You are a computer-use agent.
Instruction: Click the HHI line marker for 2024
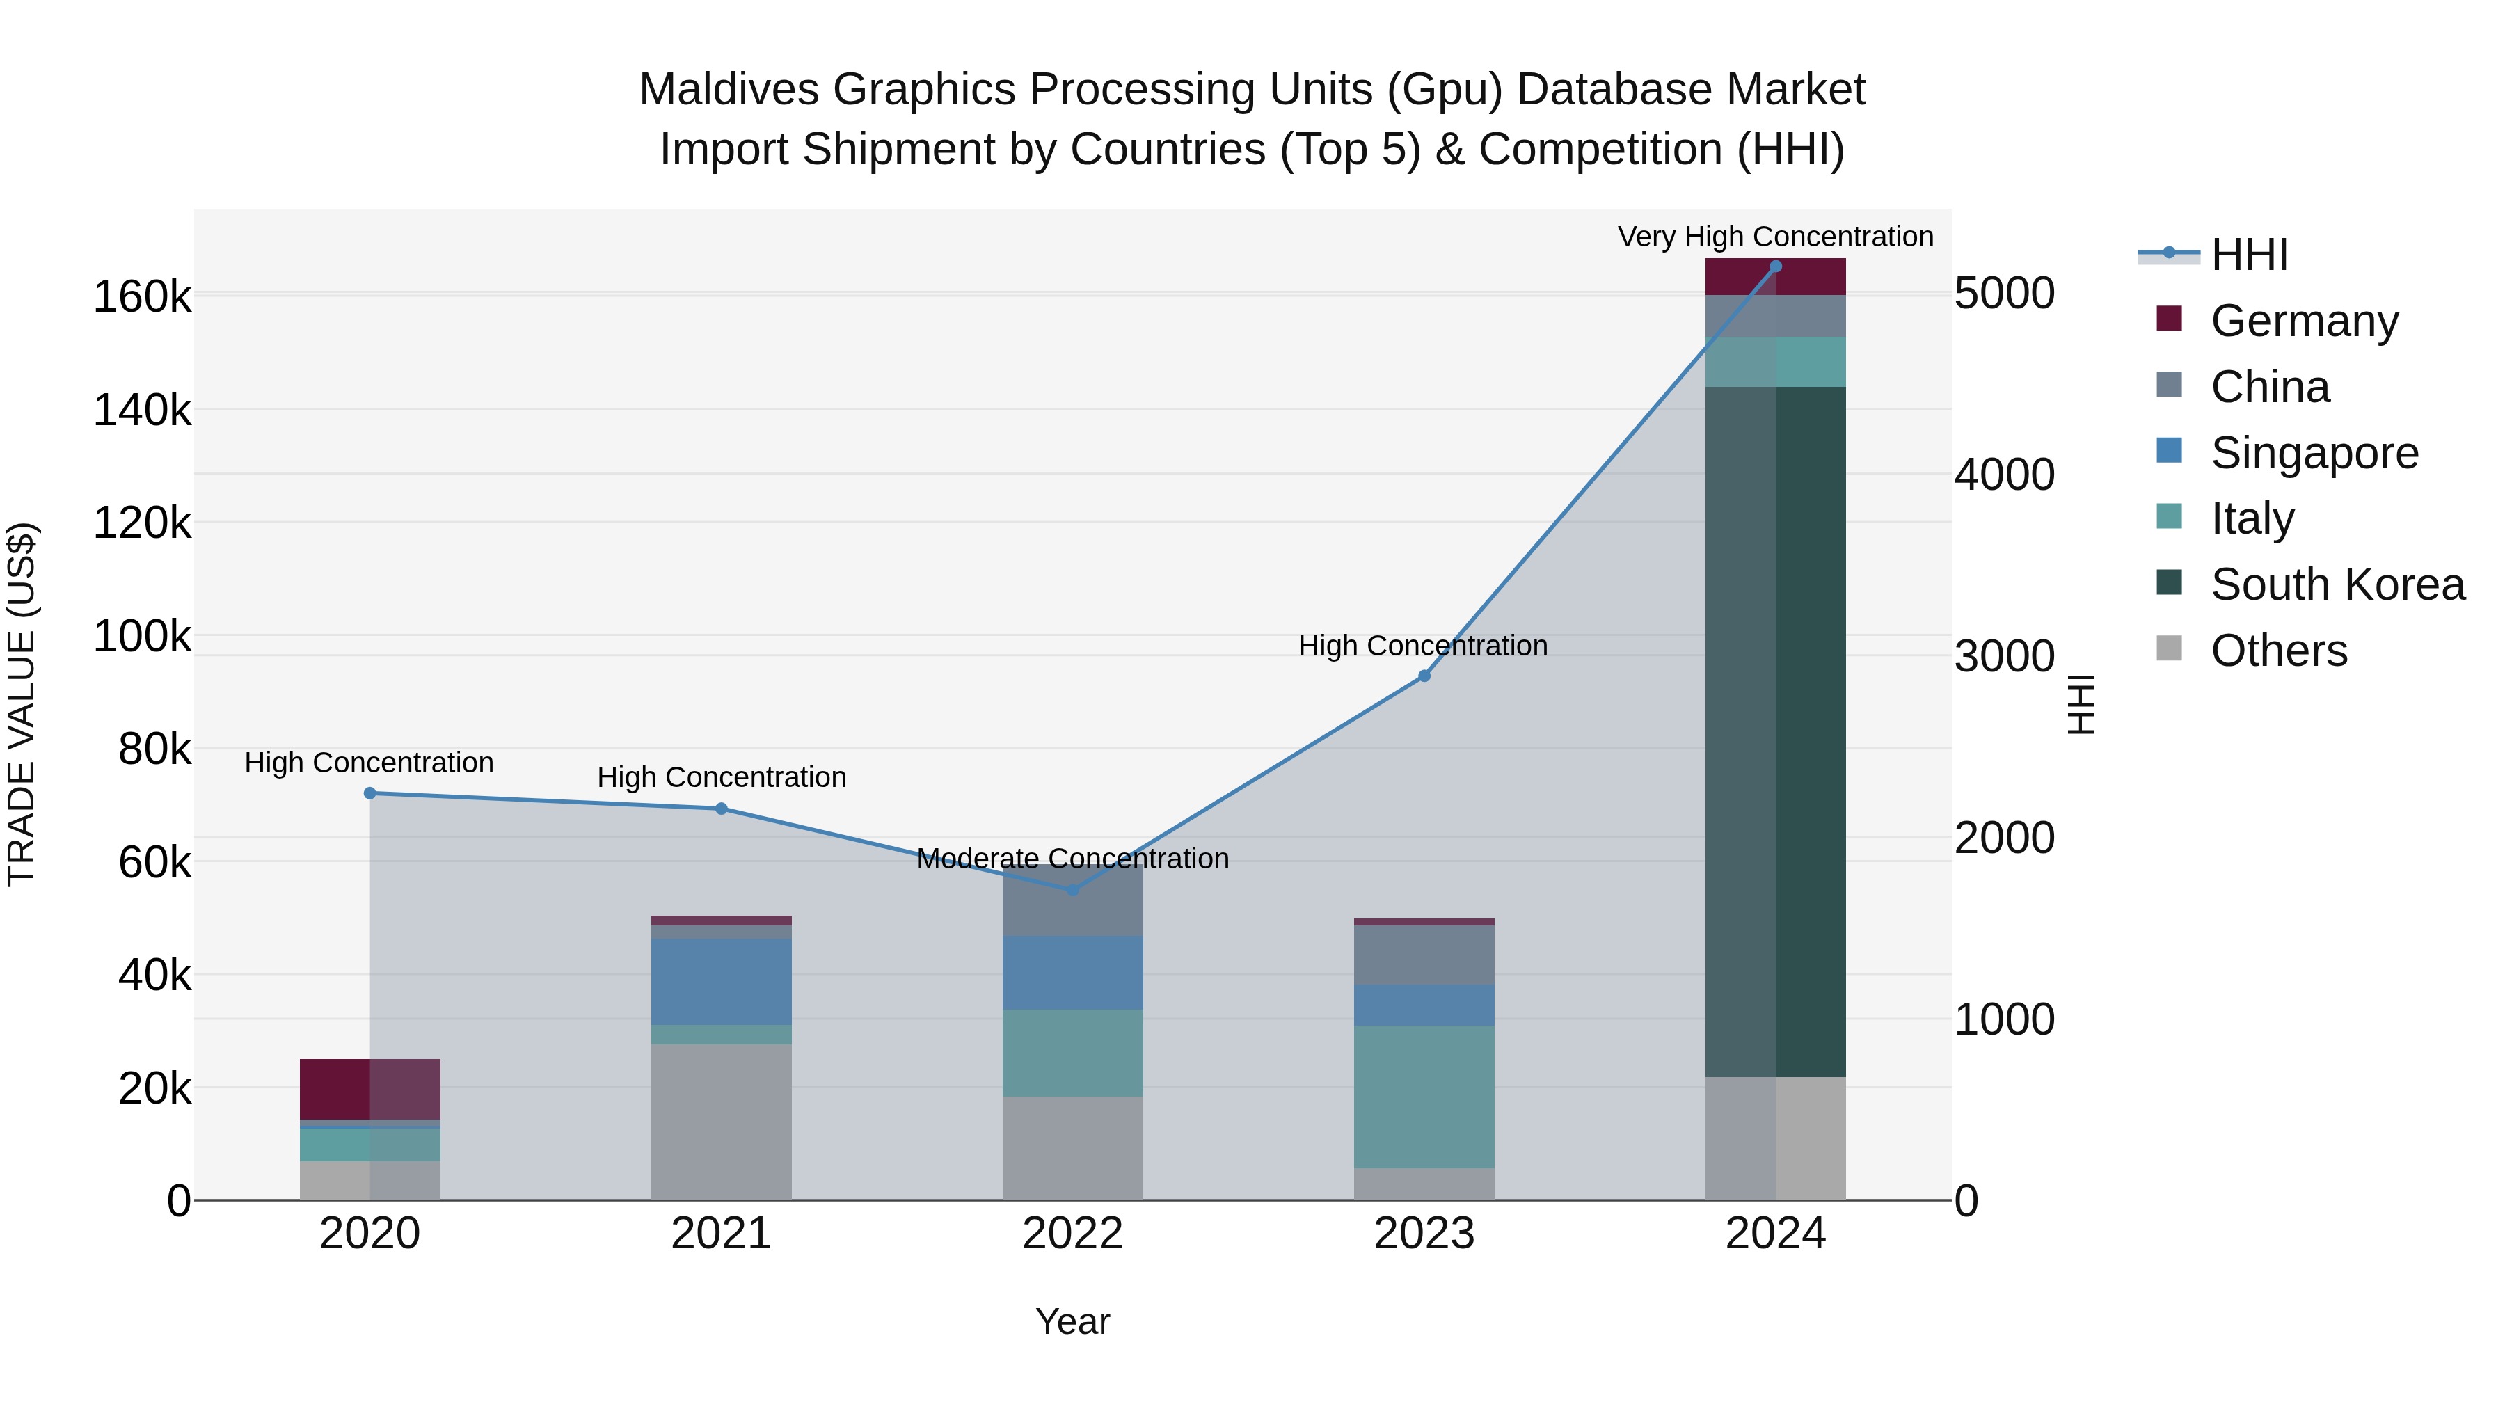[x=1776, y=266]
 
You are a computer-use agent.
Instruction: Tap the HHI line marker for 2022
[x=1072, y=890]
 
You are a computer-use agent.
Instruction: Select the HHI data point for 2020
[x=369, y=793]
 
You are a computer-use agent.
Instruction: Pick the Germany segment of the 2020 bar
[x=369, y=1089]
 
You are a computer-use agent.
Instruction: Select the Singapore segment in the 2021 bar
[x=722, y=981]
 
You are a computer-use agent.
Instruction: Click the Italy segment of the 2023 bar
[x=1424, y=1097]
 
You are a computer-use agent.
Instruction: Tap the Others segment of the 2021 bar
[x=722, y=1122]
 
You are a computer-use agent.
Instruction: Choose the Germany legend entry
[x=2304, y=321]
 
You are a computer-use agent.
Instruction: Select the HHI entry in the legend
[x=2248, y=255]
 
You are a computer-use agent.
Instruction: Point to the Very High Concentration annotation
[x=1776, y=237]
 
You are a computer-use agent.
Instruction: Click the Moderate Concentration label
[x=1072, y=859]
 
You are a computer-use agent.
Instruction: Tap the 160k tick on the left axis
[x=142, y=296]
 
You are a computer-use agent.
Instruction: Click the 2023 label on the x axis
[x=1424, y=1234]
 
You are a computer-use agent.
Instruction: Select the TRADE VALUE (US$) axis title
[x=22, y=704]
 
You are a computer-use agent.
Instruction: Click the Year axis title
[x=1072, y=1321]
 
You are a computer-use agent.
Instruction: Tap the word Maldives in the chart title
[x=729, y=90]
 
